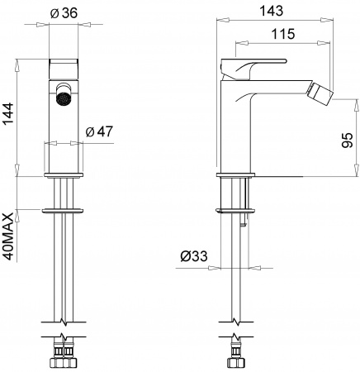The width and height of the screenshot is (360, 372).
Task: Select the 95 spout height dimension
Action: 348,141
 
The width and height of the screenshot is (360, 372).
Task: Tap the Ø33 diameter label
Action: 193,256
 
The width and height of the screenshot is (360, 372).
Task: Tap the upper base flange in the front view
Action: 64,176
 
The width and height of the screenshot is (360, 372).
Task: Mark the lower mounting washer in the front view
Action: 64,209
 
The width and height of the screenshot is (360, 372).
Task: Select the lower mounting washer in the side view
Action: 234,209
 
